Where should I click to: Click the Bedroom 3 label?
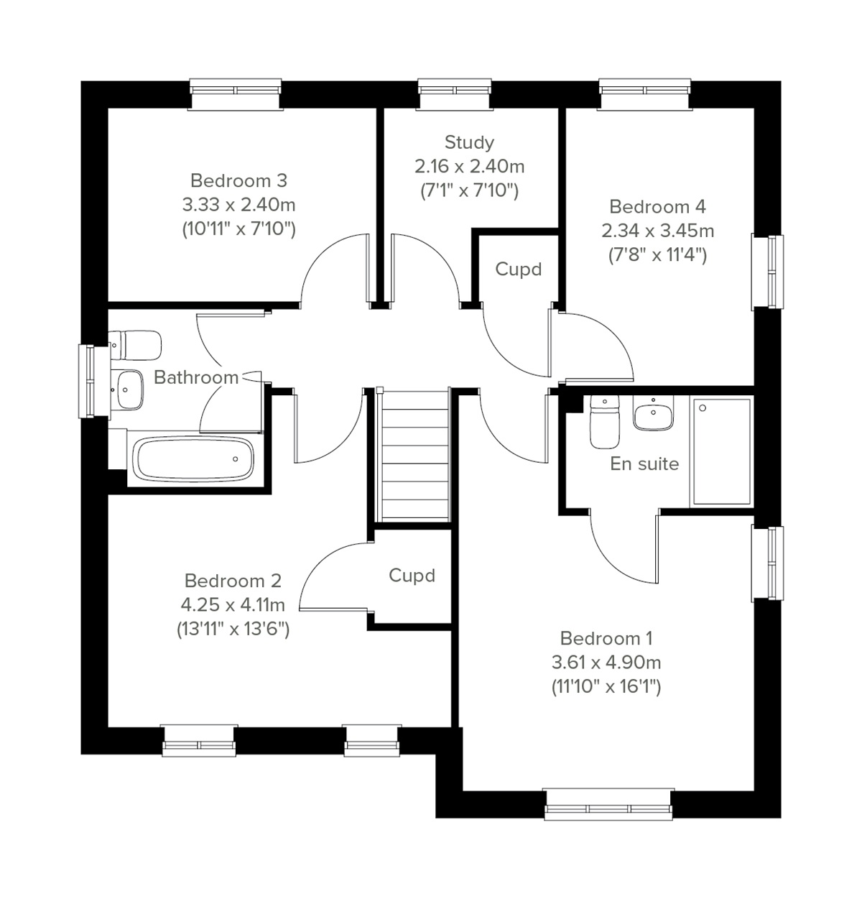coord(238,180)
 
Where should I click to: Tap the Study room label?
coord(469,142)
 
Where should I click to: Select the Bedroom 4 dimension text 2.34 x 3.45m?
coord(657,231)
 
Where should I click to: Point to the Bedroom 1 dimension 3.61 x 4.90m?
coord(606,662)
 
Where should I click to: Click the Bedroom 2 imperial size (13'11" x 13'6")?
coord(233,630)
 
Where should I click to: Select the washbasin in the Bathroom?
coord(129,389)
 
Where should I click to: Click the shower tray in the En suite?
coord(721,451)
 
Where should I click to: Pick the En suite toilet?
coord(603,422)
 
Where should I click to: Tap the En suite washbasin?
coord(653,415)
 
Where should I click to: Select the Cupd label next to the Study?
coord(518,269)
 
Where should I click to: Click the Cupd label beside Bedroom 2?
coord(412,576)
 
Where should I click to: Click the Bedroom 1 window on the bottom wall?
coord(608,806)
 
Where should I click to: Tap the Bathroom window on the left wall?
coord(88,381)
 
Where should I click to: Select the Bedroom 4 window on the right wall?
coord(768,271)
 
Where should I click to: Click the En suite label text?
coord(644,464)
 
